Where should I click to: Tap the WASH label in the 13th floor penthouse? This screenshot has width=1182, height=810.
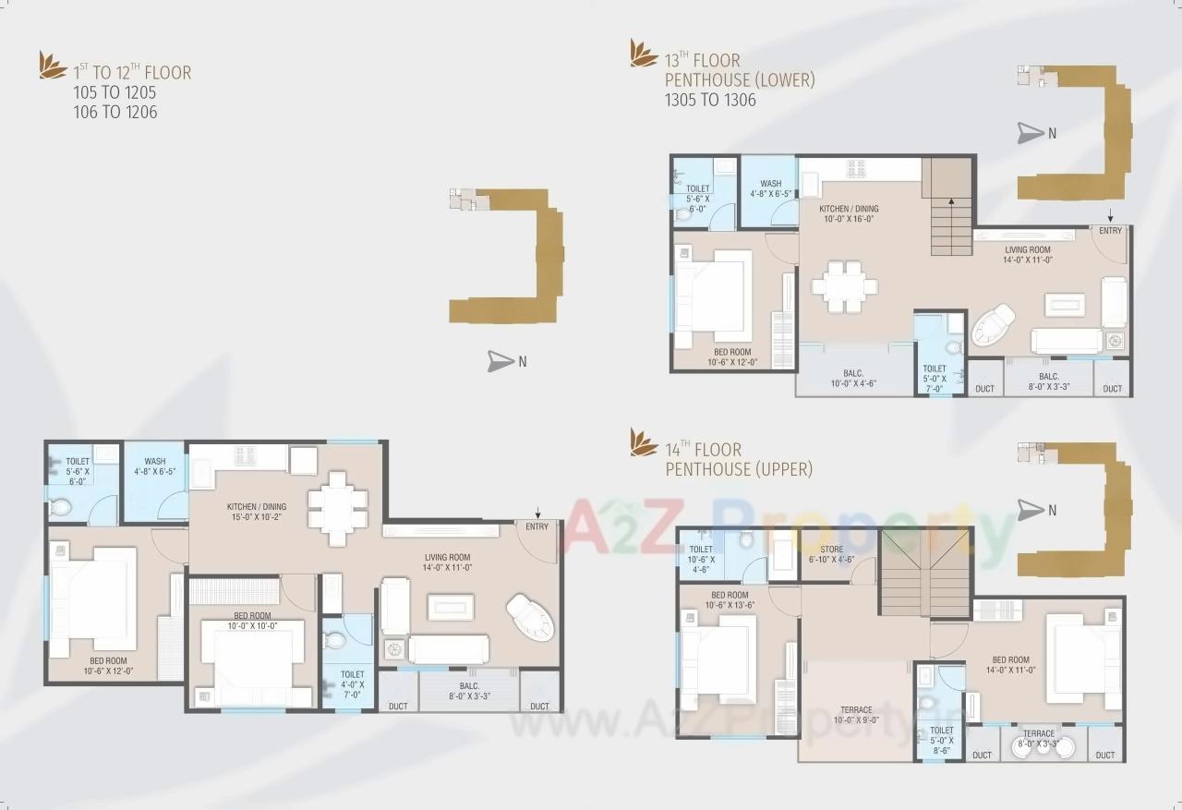tap(771, 189)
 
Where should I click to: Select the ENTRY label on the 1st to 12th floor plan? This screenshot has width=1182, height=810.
tap(537, 526)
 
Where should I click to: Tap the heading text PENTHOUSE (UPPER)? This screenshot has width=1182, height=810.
tap(739, 470)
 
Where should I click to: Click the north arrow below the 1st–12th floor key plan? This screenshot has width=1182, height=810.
tap(501, 362)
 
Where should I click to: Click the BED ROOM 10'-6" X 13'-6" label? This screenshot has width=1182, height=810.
tap(730, 600)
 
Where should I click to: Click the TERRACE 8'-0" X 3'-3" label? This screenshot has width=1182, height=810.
tap(1038, 738)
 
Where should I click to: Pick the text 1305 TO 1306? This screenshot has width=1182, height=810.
tap(710, 100)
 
